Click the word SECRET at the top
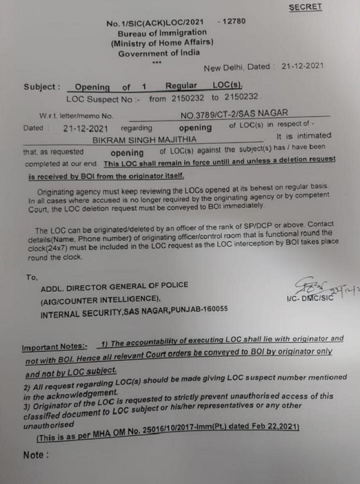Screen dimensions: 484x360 pyautogui.click(x=305, y=7)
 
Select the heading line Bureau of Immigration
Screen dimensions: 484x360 pyautogui.click(x=162, y=32)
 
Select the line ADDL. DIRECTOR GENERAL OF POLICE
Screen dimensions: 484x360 pyautogui.click(x=114, y=285)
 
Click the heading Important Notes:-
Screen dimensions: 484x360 pyautogui.click(x=54, y=347)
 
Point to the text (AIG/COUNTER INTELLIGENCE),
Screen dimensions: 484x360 pyautogui.click(x=100, y=300)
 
